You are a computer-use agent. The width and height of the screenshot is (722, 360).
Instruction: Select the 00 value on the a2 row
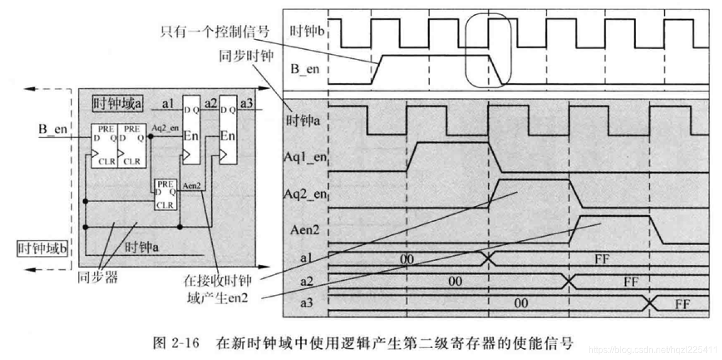coord(455,281)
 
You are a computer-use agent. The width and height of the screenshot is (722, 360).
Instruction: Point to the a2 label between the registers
coord(211,103)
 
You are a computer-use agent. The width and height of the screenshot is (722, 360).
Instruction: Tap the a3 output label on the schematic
coord(247,103)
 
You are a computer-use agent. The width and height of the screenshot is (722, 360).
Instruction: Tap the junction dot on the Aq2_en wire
coord(151,136)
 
